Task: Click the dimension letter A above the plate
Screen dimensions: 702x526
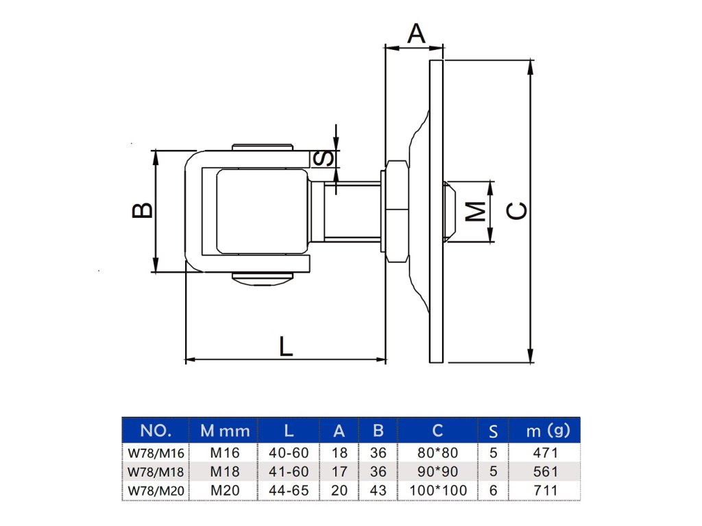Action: click(x=416, y=33)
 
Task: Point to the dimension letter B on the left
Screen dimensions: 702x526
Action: click(x=142, y=210)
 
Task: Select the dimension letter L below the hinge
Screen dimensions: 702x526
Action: click(x=286, y=346)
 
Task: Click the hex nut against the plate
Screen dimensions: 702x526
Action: click(x=396, y=212)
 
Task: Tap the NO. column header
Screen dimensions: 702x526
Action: click(x=155, y=430)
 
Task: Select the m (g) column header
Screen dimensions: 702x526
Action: click(x=548, y=430)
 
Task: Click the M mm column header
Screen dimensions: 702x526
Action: click(x=225, y=431)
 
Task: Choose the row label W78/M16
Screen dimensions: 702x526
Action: click(x=156, y=453)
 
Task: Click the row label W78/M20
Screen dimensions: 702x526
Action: click(x=156, y=490)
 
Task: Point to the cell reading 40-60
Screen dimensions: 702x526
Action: click(x=289, y=453)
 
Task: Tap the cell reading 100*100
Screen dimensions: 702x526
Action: click(x=437, y=490)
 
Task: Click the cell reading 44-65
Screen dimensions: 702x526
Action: click(x=289, y=490)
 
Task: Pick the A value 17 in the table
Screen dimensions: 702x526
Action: click(x=339, y=471)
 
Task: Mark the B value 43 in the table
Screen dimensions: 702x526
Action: click(x=378, y=490)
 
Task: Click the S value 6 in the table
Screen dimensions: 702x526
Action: click(x=493, y=490)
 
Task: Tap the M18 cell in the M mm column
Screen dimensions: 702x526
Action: click(x=225, y=471)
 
